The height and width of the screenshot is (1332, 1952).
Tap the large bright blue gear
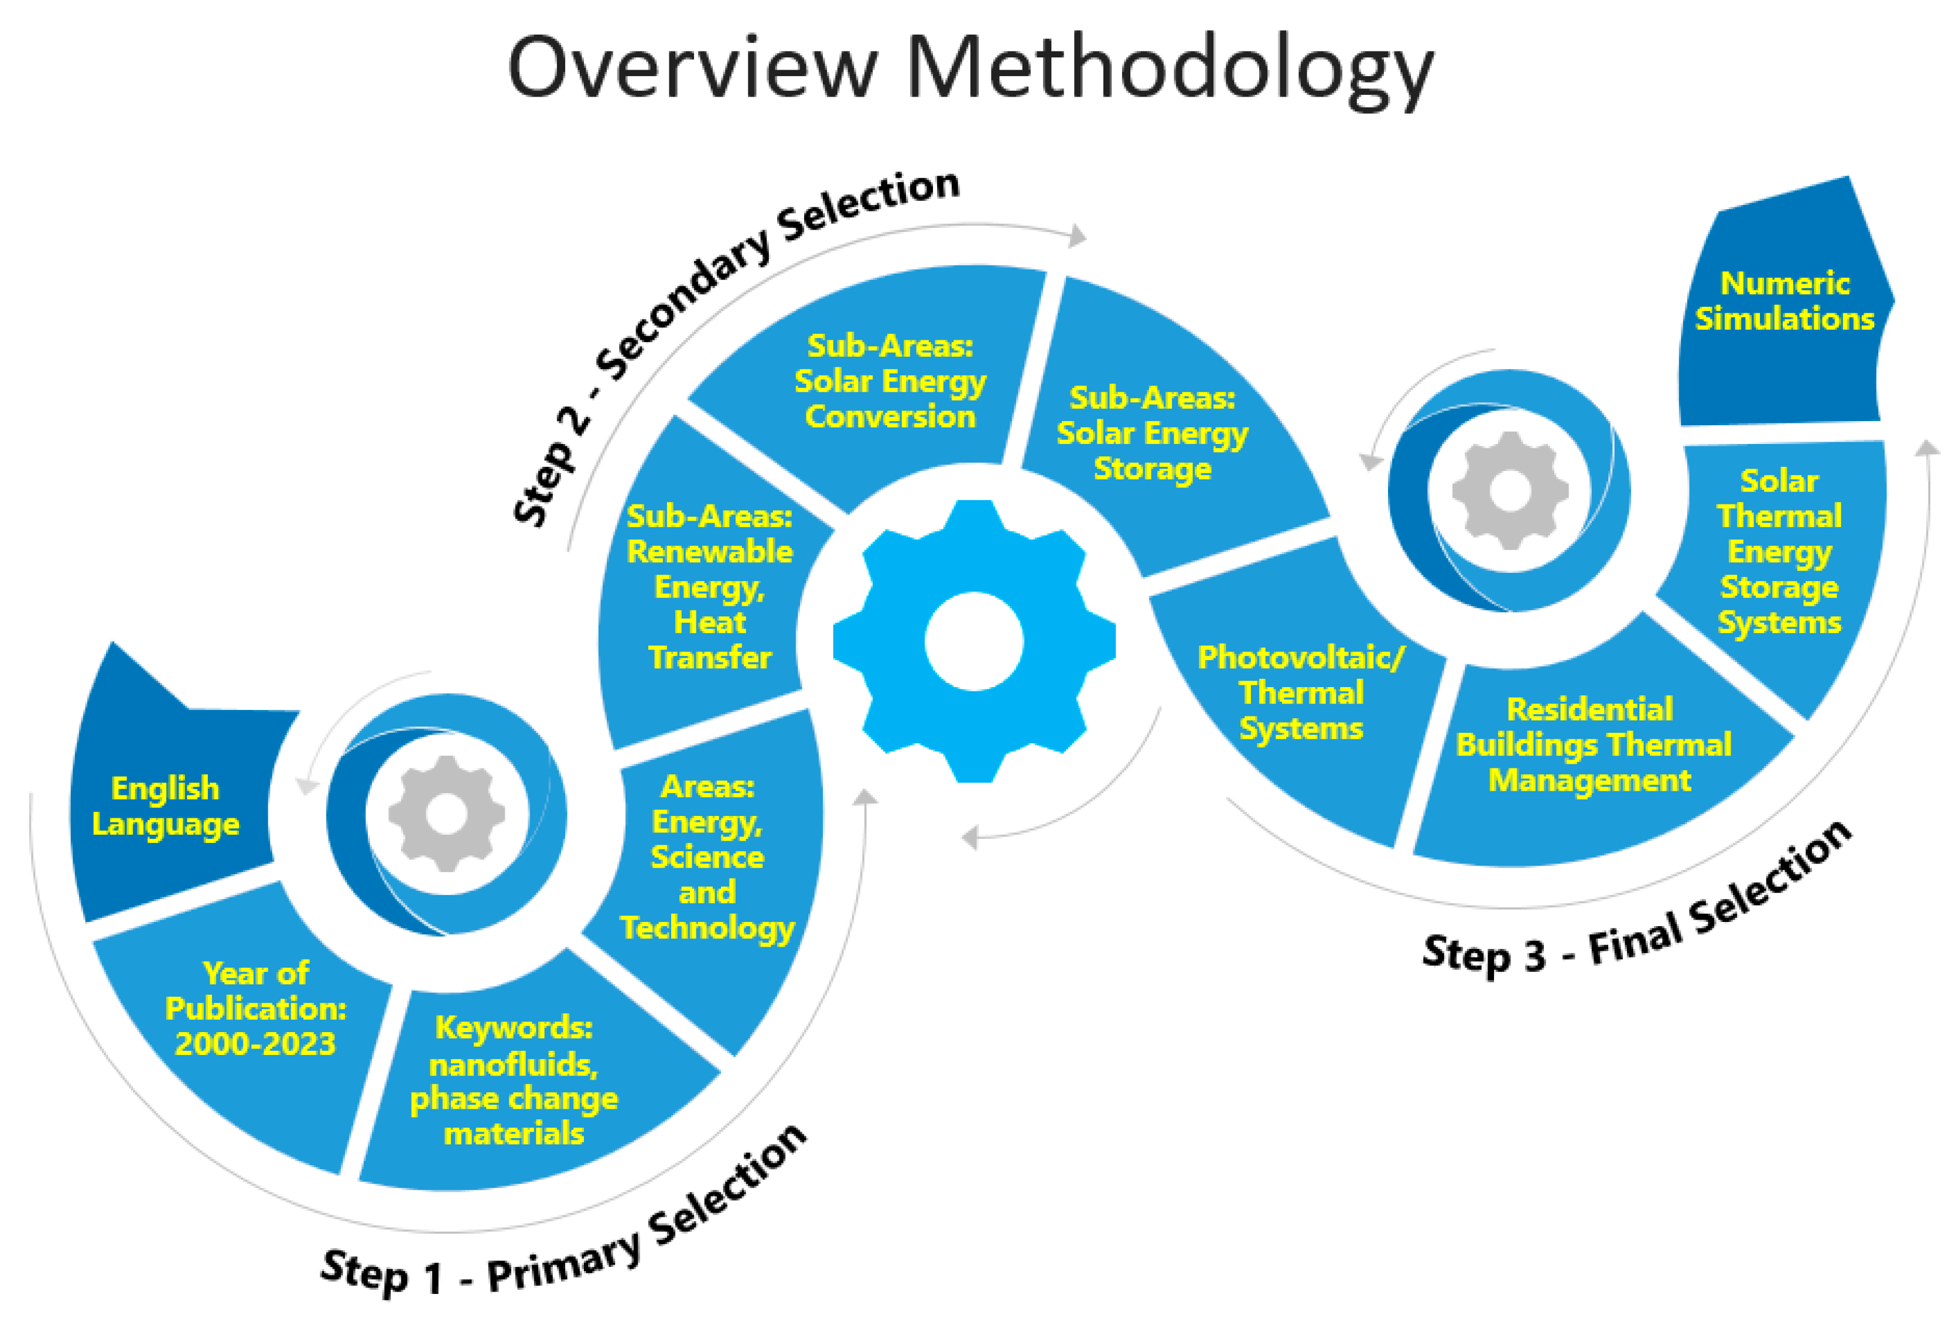pyautogui.click(x=975, y=641)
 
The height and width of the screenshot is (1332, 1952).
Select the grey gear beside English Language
pyautogui.click(x=446, y=813)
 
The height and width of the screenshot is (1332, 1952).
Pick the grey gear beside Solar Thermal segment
pyautogui.click(x=1509, y=490)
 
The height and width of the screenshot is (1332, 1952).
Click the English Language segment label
pyautogui.click(x=166, y=805)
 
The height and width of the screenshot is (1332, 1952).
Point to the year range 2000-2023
pyautogui.click(x=255, y=1044)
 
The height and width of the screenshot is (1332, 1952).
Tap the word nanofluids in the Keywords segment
pyautogui.click(x=513, y=1064)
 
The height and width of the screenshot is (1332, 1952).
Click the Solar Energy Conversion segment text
pyautogui.click(x=890, y=381)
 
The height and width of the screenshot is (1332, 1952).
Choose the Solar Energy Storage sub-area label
pyautogui.click(x=1151, y=433)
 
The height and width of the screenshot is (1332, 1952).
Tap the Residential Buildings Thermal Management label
pyautogui.click(x=1592, y=745)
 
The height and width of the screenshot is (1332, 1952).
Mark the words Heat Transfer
pyautogui.click(x=710, y=640)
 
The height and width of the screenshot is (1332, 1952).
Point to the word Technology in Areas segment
pyautogui.click(x=707, y=927)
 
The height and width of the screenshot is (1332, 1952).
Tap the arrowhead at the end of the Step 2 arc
pyautogui.click(x=1078, y=236)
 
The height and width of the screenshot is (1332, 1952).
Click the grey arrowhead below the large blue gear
pyautogui.click(x=970, y=837)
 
